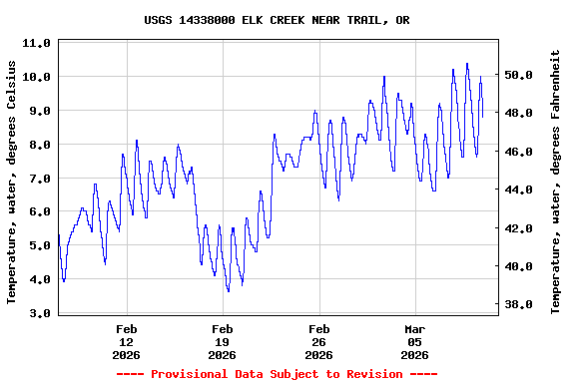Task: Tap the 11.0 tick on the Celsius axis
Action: click(36, 44)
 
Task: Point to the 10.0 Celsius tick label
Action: click(36, 78)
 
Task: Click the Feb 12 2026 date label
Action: click(126, 341)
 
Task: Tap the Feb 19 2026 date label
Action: click(222, 341)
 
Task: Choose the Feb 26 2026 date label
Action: click(318, 341)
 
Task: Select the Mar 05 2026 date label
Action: click(414, 341)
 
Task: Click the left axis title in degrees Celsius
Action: click(12, 182)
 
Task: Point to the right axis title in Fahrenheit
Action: click(556, 182)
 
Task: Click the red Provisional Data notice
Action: click(277, 374)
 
